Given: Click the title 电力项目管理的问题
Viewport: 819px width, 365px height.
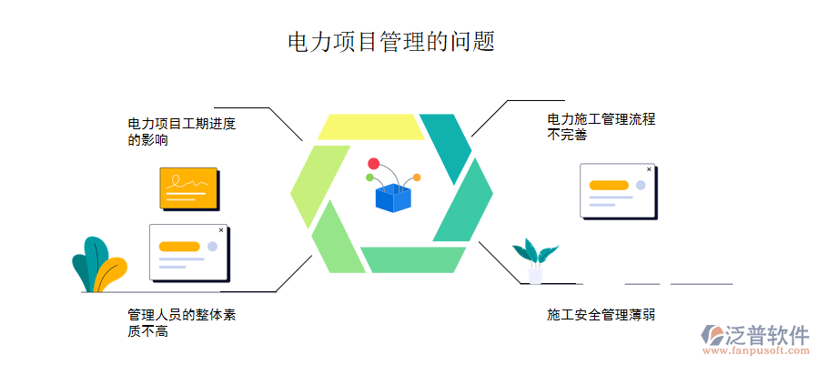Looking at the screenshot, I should (x=391, y=42).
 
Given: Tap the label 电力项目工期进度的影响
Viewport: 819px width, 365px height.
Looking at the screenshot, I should (x=181, y=132).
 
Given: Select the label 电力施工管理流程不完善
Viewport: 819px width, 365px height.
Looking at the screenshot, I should (x=601, y=127).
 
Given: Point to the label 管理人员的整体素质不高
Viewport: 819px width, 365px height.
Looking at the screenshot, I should (x=182, y=323).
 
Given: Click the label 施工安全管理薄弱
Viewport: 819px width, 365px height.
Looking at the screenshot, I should (x=601, y=315).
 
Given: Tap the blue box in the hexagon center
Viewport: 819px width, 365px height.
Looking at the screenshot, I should (x=392, y=197).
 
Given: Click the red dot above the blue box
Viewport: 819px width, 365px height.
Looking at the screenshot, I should (x=373, y=163).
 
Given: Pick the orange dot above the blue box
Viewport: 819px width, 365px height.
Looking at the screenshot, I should (x=417, y=177).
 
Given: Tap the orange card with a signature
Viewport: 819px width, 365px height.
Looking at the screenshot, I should (x=188, y=188).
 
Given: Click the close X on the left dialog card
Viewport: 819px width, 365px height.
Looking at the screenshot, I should (x=221, y=230).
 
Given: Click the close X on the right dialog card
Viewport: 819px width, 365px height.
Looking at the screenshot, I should (x=649, y=169).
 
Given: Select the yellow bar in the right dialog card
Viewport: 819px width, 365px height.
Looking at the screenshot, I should (x=609, y=185).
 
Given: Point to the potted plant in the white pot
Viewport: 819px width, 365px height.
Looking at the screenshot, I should (x=535, y=260).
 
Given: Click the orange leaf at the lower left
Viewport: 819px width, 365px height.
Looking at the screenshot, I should (x=111, y=273).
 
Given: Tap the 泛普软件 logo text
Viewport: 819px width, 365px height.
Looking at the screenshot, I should (x=767, y=334).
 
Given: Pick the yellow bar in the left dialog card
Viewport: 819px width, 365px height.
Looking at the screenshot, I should (x=178, y=246).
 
